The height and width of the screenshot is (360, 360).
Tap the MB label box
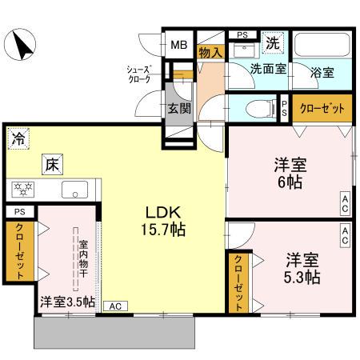pos(178,43)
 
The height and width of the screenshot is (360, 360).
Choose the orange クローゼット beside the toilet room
pos(322,107)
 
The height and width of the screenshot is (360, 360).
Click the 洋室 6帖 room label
pos(289,172)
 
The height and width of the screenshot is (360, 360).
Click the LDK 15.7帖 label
pos(166,220)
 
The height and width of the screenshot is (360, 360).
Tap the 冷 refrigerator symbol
pos(18,138)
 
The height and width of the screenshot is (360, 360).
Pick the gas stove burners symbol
pos(22,190)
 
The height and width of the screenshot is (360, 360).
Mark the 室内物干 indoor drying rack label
pos(82,250)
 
